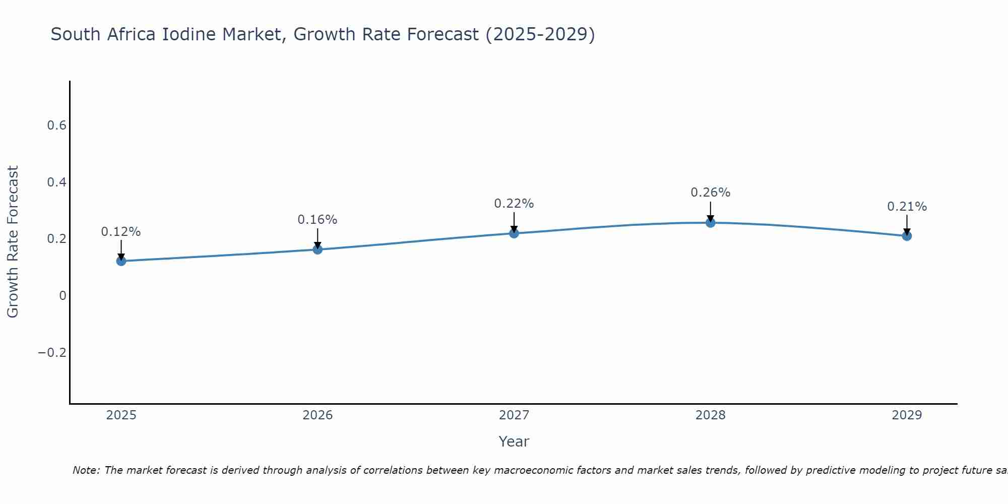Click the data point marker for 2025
pos(121,261)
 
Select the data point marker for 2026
pos(318,249)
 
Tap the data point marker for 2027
pos(514,233)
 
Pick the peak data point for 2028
pos(710,222)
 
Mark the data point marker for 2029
pos(907,235)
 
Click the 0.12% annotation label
pos(121,232)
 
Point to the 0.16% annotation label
pos(318,220)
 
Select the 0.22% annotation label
pos(514,204)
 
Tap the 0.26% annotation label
pos(710,193)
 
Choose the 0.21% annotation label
pos(907,207)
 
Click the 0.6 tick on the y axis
pos(57,125)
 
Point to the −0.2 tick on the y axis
pos(52,352)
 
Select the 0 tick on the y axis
pos(62,295)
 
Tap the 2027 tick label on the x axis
pos(514,415)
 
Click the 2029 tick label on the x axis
pos(907,415)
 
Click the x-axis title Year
pos(514,442)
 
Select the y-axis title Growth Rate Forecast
pos(13,242)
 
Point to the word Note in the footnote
pos(86,470)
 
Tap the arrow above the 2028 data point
pos(710,211)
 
